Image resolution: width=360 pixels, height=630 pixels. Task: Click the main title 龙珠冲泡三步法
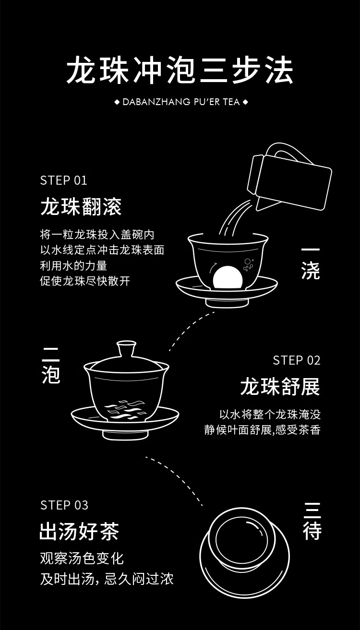[180, 71]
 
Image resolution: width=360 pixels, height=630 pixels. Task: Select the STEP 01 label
[64, 180]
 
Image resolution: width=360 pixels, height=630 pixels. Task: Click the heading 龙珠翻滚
[81, 207]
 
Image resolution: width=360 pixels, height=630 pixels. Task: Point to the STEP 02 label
[296, 360]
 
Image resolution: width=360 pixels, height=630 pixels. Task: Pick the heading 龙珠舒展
[280, 387]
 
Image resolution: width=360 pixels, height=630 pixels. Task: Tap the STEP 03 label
[64, 505]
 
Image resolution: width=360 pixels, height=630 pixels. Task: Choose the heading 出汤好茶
[79, 532]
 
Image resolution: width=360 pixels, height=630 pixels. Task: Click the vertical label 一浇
[311, 263]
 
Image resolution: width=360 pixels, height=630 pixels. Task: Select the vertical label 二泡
[51, 365]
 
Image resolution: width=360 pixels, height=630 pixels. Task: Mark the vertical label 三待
[312, 521]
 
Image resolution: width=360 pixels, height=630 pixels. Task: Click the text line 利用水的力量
[73, 265]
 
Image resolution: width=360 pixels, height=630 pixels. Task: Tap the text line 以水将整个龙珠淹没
[270, 414]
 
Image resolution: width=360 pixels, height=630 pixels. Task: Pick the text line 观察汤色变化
[82, 558]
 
